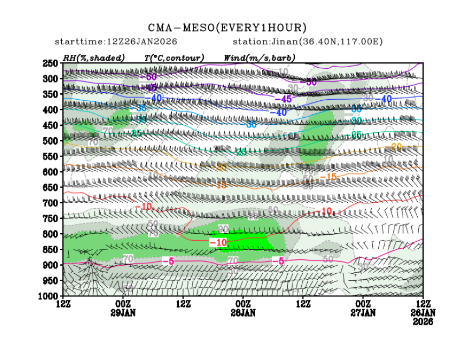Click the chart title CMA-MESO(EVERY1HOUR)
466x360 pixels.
(228, 28)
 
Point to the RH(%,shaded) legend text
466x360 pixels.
(93, 57)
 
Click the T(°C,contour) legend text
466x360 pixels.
(174, 57)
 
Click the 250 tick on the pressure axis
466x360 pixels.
(50, 63)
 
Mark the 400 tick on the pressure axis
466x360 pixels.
(50, 110)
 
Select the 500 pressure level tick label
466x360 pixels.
(50, 140)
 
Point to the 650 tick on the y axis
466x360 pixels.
(50, 187)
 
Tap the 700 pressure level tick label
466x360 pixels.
(50, 203)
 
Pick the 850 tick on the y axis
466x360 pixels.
(50, 249)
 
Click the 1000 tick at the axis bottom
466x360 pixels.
(48, 296)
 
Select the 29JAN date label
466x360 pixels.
(123, 313)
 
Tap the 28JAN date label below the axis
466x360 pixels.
(243, 313)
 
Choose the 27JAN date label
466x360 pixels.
(363, 313)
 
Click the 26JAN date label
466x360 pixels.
(423, 313)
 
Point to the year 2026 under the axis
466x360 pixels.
(423, 321)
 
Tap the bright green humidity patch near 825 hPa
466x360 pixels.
(247, 241)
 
